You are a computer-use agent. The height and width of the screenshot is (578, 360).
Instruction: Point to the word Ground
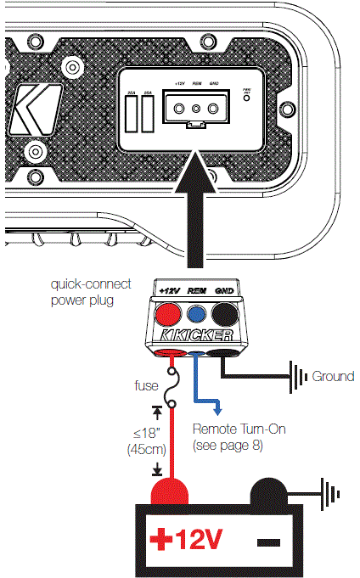click(333, 376)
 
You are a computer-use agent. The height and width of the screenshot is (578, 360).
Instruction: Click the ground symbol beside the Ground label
click(297, 375)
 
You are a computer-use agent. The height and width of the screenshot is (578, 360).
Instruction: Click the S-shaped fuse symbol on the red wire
click(173, 384)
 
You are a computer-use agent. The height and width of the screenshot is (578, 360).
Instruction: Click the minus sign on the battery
click(270, 541)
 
